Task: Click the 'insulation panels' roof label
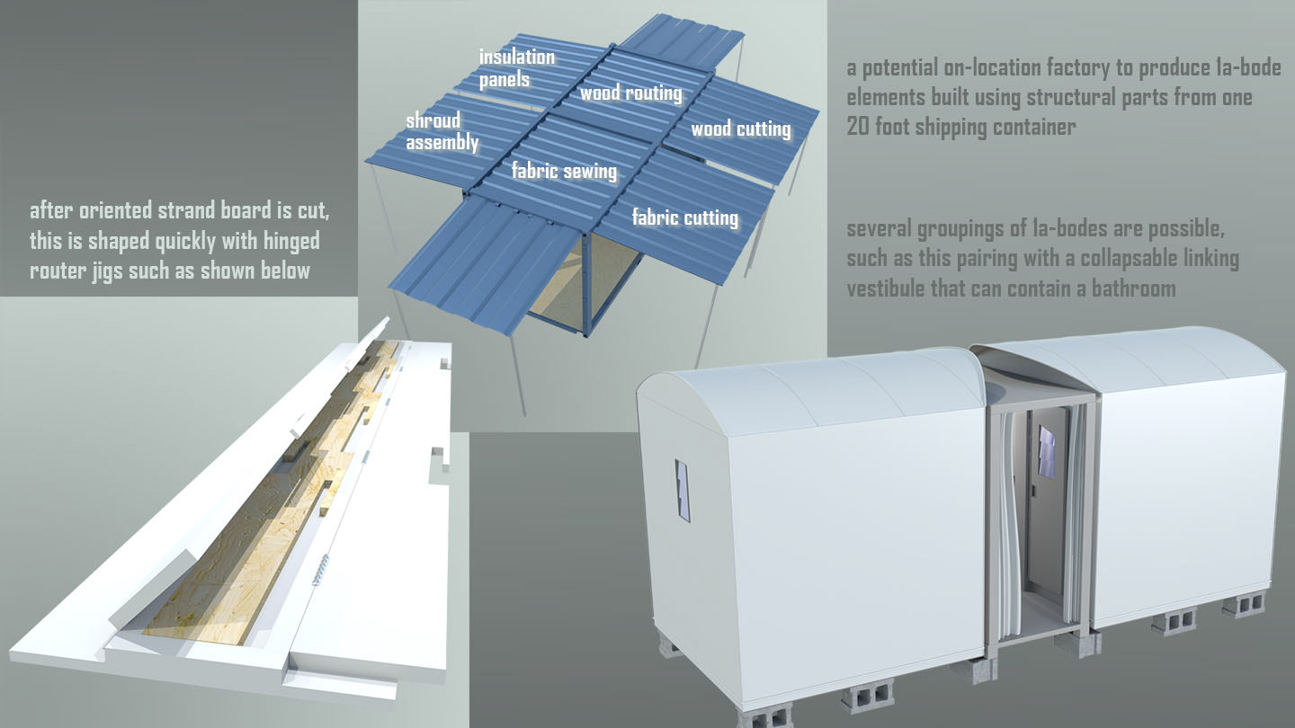point(516,68)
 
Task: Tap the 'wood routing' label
point(630,93)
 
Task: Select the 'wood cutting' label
point(740,129)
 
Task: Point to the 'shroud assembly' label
point(441,131)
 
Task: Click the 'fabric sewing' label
point(564,171)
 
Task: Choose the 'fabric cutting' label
point(684,218)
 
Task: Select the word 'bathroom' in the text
point(1132,289)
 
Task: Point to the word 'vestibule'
point(887,289)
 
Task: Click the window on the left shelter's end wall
point(683,491)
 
